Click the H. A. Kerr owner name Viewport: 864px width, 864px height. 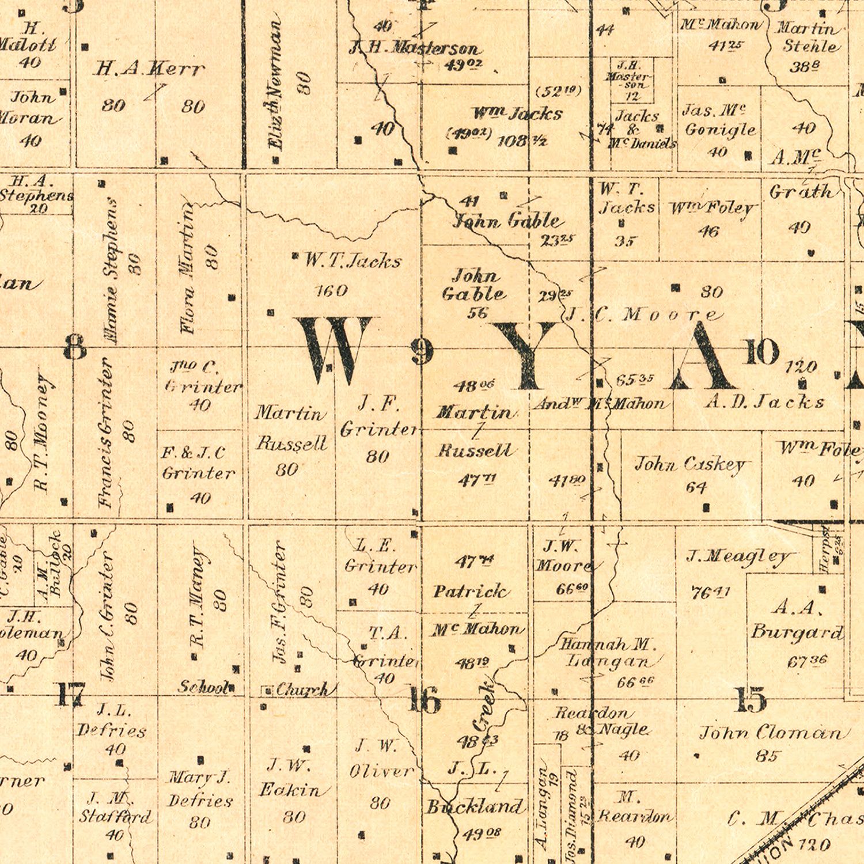(149, 69)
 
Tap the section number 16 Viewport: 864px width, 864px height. (425, 700)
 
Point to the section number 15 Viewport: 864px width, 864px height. (751, 700)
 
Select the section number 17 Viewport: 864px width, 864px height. (70, 694)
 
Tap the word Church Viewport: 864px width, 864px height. (302, 689)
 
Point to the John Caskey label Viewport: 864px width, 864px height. (690, 464)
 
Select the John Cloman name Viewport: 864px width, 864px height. (773, 733)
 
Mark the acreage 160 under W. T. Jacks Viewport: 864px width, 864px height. (332, 290)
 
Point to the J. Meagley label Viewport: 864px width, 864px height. (738, 556)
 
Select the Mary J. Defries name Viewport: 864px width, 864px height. (200, 789)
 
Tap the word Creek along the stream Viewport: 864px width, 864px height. (483, 706)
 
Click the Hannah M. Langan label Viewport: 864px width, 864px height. (608, 653)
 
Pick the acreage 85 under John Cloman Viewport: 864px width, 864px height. (767, 756)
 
